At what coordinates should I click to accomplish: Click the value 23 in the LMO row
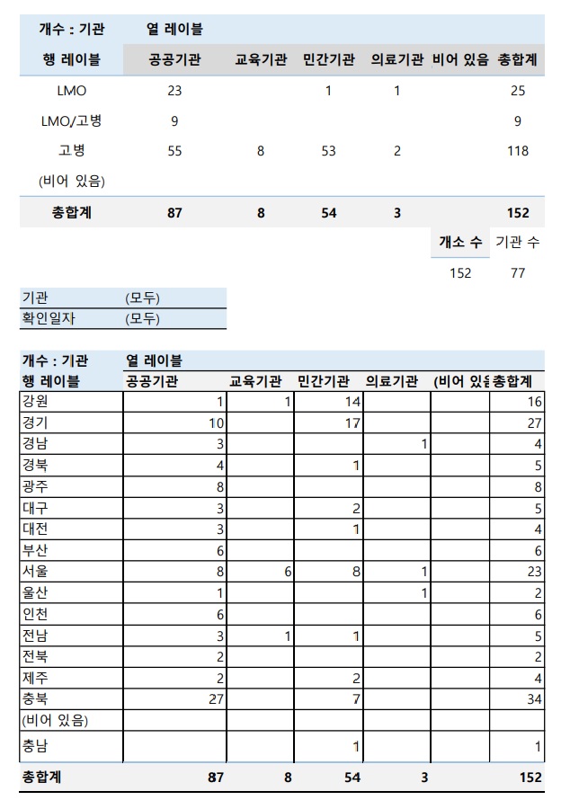[x=174, y=91]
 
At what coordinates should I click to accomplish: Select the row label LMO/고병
[x=71, y=121]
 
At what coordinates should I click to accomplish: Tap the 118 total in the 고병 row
[x=518, y=151]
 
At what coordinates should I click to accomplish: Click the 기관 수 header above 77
[x=517, y=243]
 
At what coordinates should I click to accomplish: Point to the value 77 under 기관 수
[x=518, y=273]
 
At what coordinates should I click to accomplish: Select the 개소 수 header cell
[x=460, y=243]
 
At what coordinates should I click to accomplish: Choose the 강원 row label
[x=35, y=402]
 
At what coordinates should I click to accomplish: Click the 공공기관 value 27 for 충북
[x=215, y=698]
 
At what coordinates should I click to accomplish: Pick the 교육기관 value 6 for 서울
[x=288, y=572]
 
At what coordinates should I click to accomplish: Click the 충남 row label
[x=35, y=745]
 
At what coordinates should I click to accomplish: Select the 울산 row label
[x=35, y=592]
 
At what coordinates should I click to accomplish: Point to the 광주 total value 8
[x=538, y=486]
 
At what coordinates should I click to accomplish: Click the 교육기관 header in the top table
[x=261, y=60]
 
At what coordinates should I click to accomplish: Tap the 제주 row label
[x=35, y=677]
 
